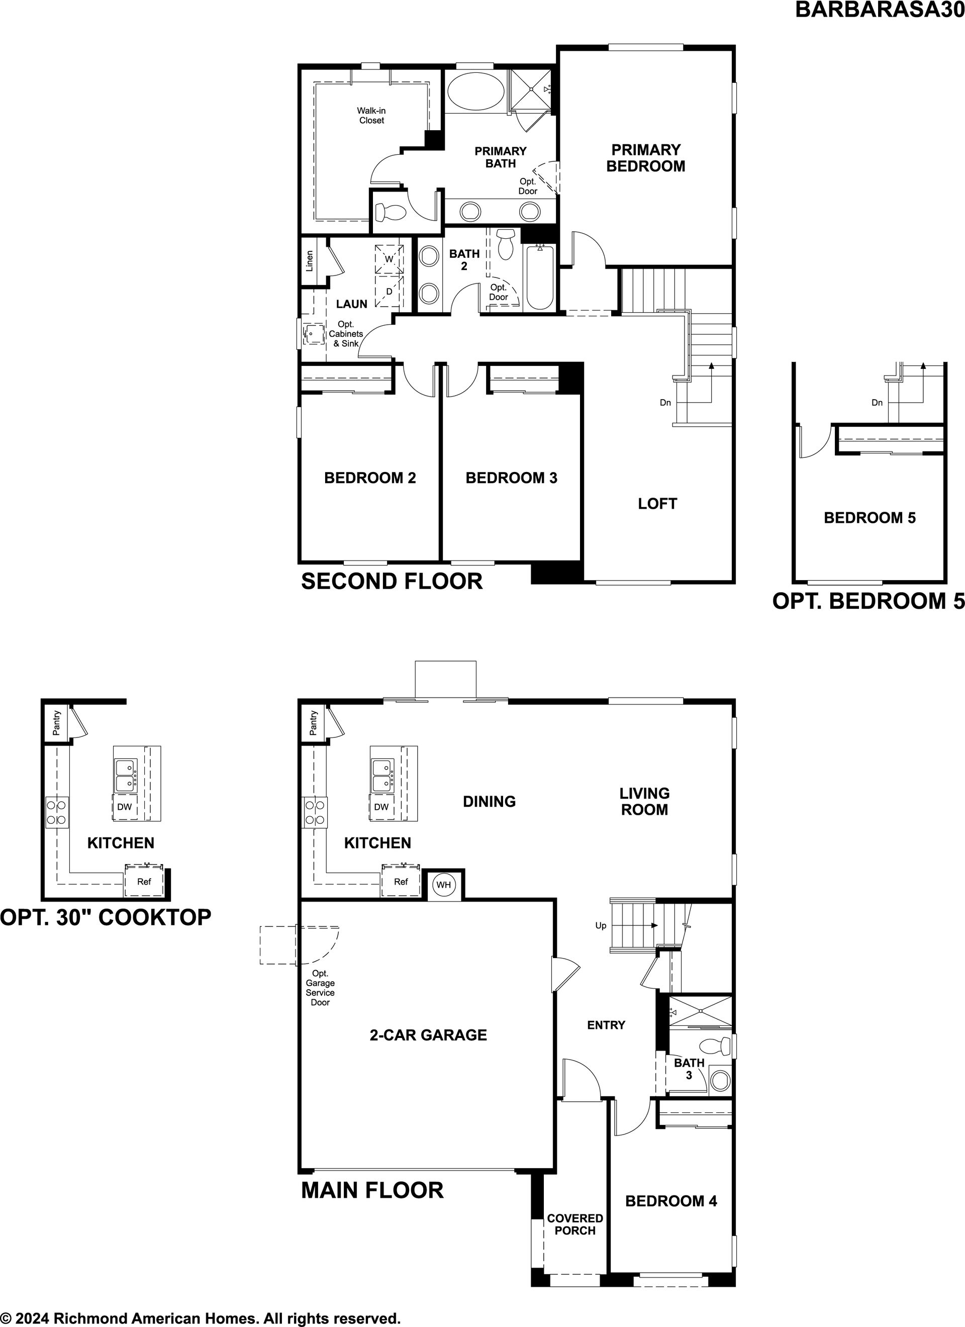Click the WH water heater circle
444,885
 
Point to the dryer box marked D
389,292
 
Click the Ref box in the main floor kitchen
401,882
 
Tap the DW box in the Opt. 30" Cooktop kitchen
125,807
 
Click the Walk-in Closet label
371,115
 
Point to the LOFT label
657,503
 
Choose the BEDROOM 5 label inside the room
870,517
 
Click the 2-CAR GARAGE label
428,1035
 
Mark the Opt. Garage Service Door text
320,988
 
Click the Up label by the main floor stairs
601,925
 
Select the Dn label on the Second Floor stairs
665,403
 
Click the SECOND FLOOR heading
392,581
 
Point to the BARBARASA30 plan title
880,10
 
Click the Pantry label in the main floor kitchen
314,723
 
